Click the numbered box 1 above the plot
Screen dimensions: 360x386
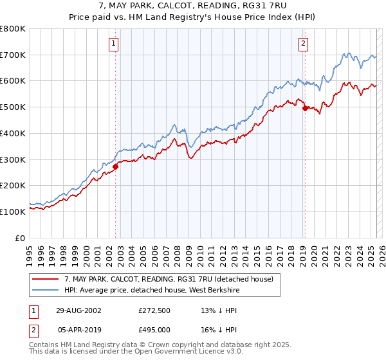click(x=113, y=44)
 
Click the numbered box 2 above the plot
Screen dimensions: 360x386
click(x=302, y=44)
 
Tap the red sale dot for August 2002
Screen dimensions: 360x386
click(x=116, y=166)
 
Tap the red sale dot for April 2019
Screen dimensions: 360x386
click(x=305, y=108)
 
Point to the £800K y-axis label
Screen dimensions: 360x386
click(x=13, y=29)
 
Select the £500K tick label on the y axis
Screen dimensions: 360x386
click(x=13, y=107)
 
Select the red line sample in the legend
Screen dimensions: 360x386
click(x=45, y=279)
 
